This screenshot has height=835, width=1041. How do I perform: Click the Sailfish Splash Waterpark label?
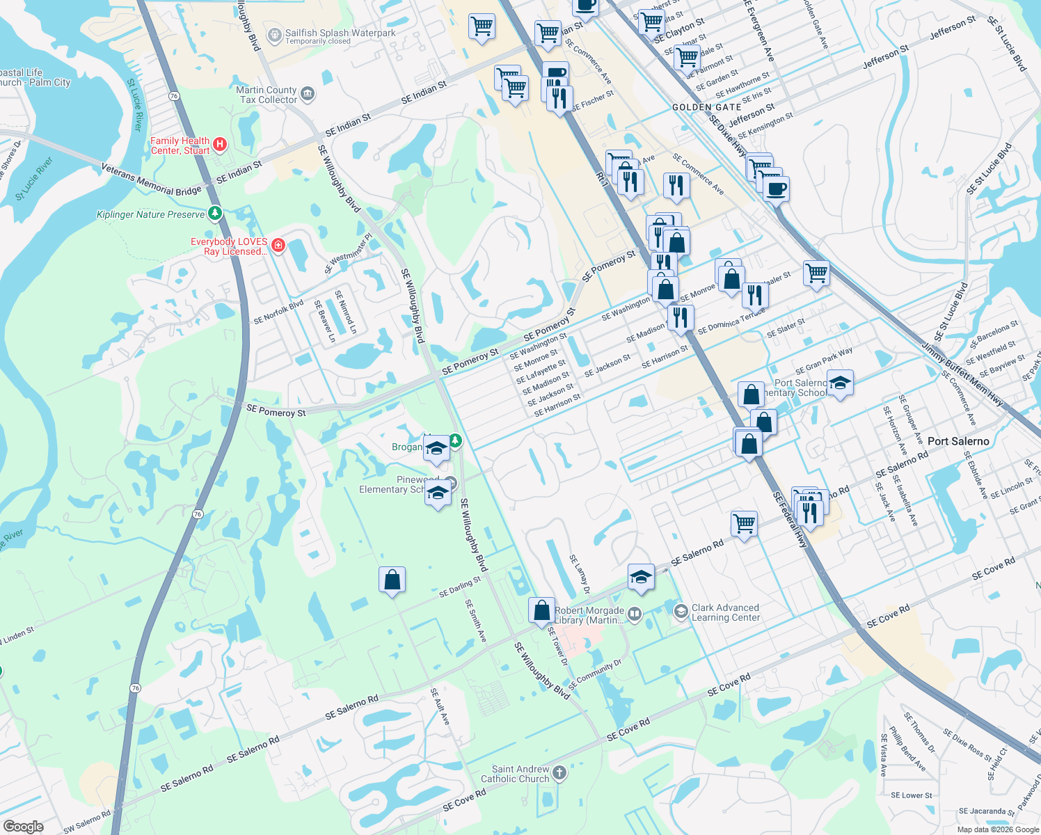pos(340,33)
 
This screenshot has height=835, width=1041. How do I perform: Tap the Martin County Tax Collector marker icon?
pos(308,94)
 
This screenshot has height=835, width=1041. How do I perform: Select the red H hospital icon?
pos(220,145)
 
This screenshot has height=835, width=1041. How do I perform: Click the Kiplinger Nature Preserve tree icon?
pos(215,213)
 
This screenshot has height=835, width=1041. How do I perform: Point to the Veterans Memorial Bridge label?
pos(151,180)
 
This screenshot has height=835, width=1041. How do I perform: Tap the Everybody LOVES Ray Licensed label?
pos(229,246)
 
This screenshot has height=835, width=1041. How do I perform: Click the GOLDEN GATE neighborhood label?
pos(706,107)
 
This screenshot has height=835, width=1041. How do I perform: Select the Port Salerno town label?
pos(957,441)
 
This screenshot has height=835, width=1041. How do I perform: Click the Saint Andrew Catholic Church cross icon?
pos(559,773)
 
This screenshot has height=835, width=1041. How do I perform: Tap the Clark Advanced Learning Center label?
pos(725,612)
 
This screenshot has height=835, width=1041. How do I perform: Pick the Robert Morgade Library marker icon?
pos(634,614)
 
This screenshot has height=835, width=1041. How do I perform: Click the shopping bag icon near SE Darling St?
pos(392,580)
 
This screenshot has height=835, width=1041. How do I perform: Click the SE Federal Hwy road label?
pos(790,519)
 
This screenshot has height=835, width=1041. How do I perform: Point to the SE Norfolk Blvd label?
pos(278,312)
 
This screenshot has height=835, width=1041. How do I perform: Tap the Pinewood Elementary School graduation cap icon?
pos(438,493)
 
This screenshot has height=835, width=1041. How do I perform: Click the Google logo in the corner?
pos(23,826)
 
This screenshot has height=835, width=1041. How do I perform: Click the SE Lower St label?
pos(912,795)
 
